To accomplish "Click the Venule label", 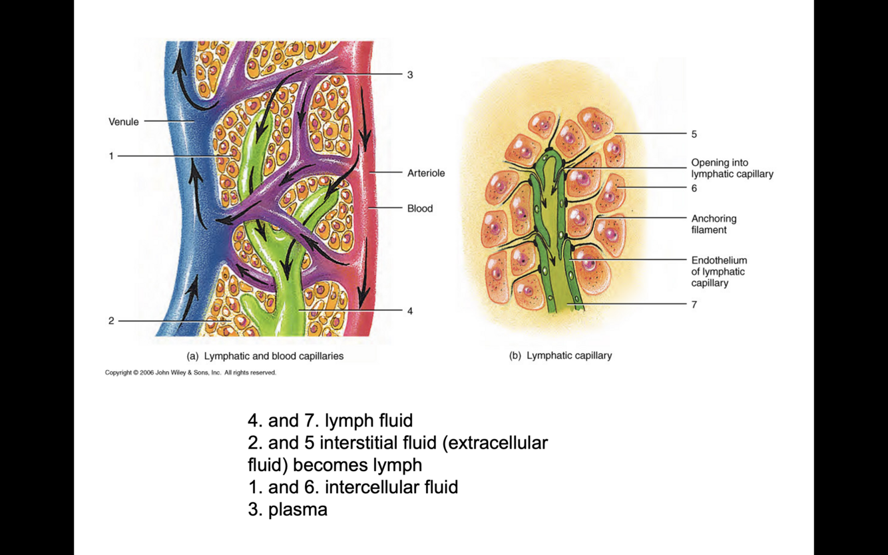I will point(124,122).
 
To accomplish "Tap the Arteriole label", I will point(426,173).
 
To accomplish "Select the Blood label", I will point(420,208).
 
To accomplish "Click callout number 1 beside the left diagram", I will point(111,156).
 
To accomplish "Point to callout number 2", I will point(111,321).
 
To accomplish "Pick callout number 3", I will point(410,75).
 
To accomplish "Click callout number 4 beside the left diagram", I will point(410,311).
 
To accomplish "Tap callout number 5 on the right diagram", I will point(694,134).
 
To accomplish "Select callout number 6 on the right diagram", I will point(694,188).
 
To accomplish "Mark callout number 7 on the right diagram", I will point(694,305).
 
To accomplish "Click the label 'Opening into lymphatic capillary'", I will point(732,168).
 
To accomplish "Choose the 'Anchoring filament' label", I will point(714,224).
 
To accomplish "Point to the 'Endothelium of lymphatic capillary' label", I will point(719,272).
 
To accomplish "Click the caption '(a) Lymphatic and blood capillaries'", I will point(265,356).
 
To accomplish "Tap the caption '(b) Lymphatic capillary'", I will point(560,355).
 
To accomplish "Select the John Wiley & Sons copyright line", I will point(190,373).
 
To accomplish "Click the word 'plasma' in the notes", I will point(298,510).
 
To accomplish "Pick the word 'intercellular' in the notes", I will point(373,487).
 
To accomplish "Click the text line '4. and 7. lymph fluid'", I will point(330,421).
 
